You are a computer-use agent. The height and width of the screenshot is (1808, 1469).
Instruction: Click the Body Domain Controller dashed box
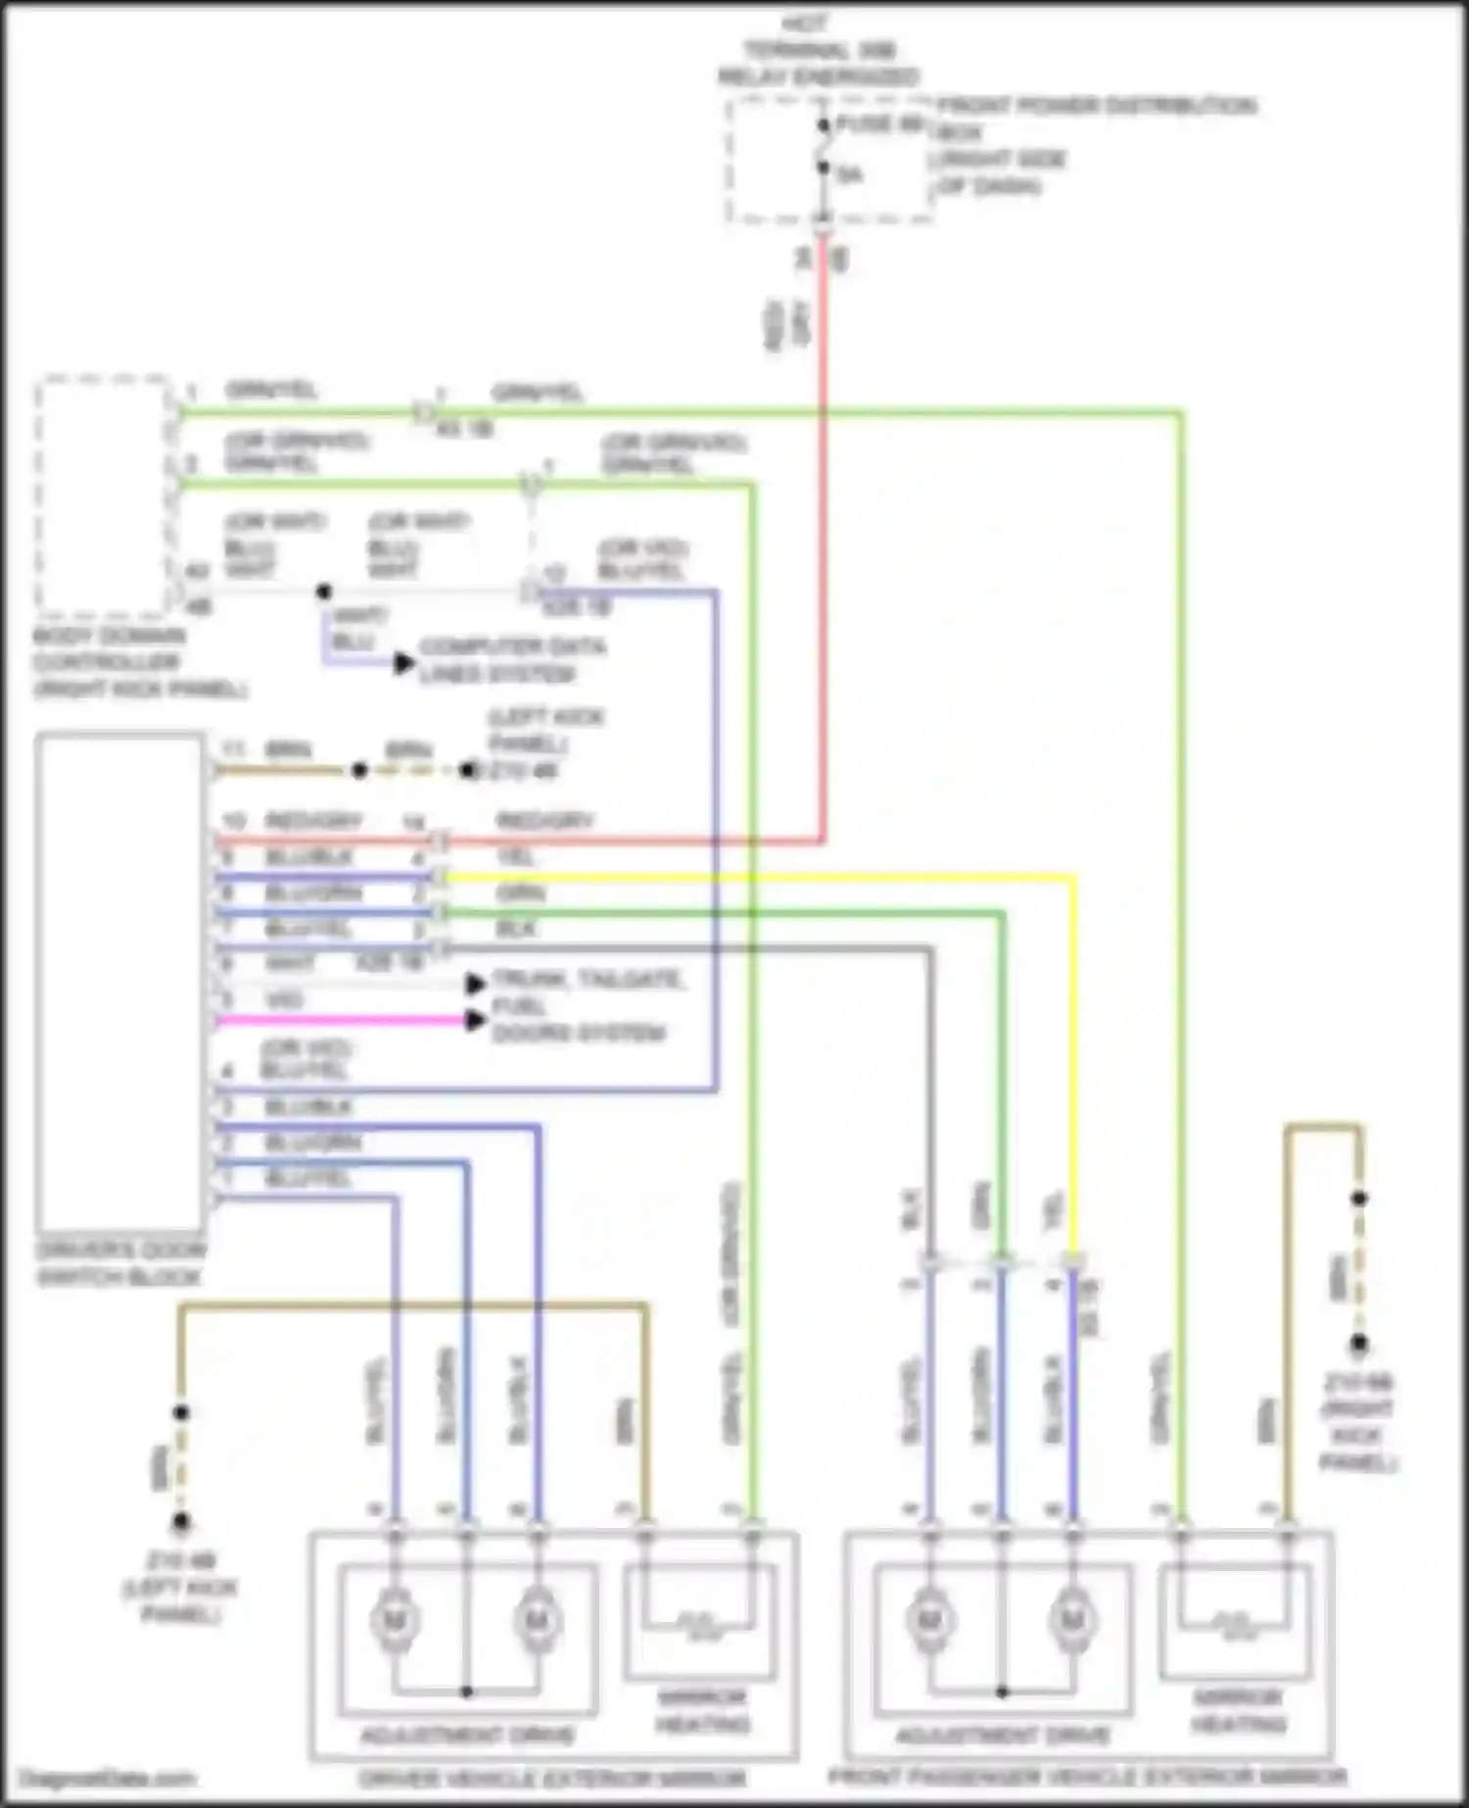click(103, 495)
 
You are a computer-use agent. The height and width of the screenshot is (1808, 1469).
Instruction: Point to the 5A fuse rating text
click(849, 175)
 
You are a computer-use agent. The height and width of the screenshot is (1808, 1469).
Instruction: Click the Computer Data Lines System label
click(511, 660)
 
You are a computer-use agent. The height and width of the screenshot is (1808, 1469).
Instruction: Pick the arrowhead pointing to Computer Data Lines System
click(403, 663)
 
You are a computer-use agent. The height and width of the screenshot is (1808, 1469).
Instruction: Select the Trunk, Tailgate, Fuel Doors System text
click(586, 1006)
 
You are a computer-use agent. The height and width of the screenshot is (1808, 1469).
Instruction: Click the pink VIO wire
click(343, 1022)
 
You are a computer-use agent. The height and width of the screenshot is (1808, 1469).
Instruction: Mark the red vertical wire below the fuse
click(824, 548)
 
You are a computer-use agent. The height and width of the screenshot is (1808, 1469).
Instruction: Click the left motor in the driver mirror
click(395, 1621)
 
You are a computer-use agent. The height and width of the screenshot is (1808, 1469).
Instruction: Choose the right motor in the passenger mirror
click(1072, 1621)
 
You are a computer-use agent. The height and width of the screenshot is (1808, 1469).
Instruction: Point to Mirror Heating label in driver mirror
click(702, 1710)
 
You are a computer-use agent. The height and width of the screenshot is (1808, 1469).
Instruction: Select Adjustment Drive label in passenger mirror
click(1002, 1737)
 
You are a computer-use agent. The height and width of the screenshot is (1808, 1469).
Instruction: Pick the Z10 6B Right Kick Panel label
click(1358, 1422)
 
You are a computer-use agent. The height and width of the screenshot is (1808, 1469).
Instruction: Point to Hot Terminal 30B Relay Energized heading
click(818, 50)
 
